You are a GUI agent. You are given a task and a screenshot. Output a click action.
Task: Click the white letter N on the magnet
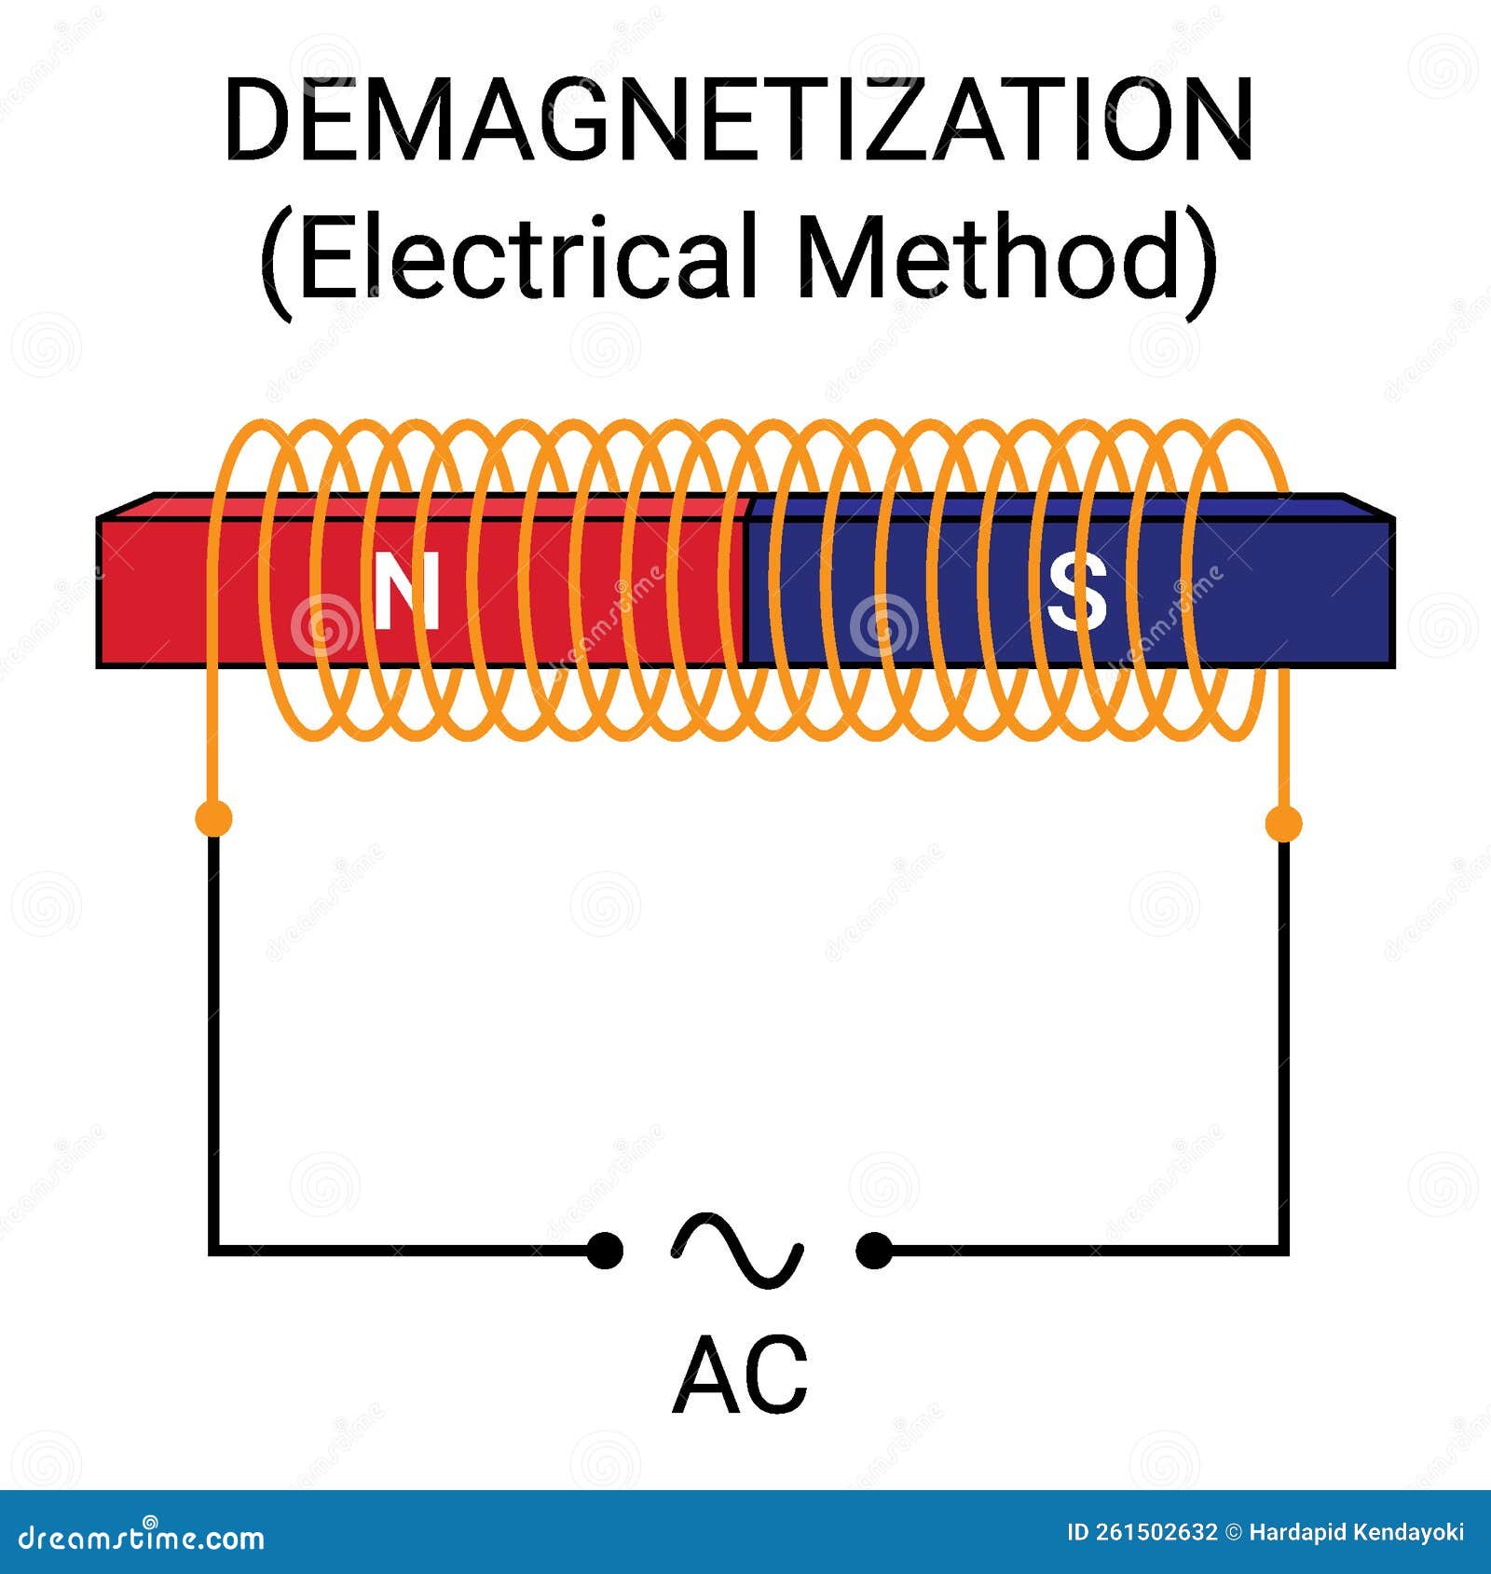[407, 589]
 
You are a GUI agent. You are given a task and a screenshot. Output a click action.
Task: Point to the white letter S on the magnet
[1077, 593]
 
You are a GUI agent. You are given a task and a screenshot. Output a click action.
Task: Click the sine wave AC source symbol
[737, 1250]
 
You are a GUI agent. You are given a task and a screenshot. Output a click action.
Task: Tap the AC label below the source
[740, 1376]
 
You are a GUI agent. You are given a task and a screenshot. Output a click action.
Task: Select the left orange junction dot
[213, 819]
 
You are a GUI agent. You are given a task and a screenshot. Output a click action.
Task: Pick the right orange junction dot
[1283, 823]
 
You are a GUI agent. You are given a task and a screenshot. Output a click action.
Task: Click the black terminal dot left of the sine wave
[605, 1250]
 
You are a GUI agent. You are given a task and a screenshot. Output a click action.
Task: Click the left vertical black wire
[213, 1025]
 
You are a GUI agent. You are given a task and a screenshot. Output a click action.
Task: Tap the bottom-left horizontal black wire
[401, 1249]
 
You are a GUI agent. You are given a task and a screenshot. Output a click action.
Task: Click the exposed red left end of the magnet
[149, 593]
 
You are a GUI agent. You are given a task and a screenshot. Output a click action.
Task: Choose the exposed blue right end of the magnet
[1342, 593]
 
